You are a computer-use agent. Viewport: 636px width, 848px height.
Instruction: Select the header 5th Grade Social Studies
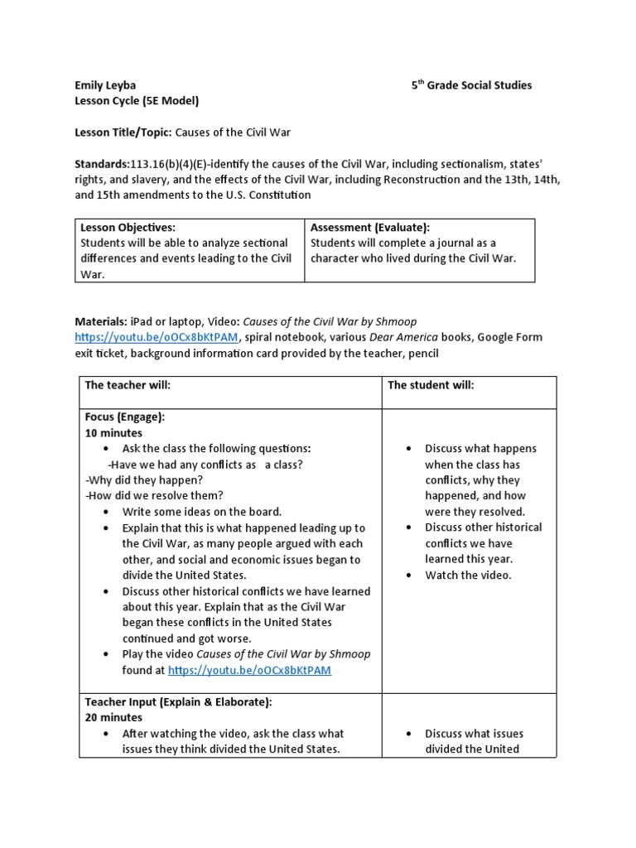(471, 84)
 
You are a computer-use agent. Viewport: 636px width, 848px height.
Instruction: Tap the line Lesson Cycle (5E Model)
(137, 101)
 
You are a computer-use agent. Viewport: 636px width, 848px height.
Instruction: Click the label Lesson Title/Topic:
(123, 132)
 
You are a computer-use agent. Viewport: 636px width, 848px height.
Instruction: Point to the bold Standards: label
(102, 163)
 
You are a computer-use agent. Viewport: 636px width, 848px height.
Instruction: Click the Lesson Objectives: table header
(128, 227)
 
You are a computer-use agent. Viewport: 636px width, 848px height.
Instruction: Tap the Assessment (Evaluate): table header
(370, 227)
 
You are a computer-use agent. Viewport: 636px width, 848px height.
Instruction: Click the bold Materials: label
(100, 321)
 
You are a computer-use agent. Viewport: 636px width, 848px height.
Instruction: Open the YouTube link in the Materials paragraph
(157, 338)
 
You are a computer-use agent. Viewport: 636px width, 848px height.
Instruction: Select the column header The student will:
(431, 386)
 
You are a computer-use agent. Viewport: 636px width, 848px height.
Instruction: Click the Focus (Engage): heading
(125, 417)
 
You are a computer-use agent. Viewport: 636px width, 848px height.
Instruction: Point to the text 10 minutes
(113, 433)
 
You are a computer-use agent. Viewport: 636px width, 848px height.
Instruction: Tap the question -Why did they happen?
(143, 480)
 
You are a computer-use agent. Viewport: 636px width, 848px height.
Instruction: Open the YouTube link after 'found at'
(249, 670)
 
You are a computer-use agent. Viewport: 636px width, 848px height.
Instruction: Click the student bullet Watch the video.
(468, 575)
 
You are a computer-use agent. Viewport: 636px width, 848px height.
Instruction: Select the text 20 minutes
(113, 717)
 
